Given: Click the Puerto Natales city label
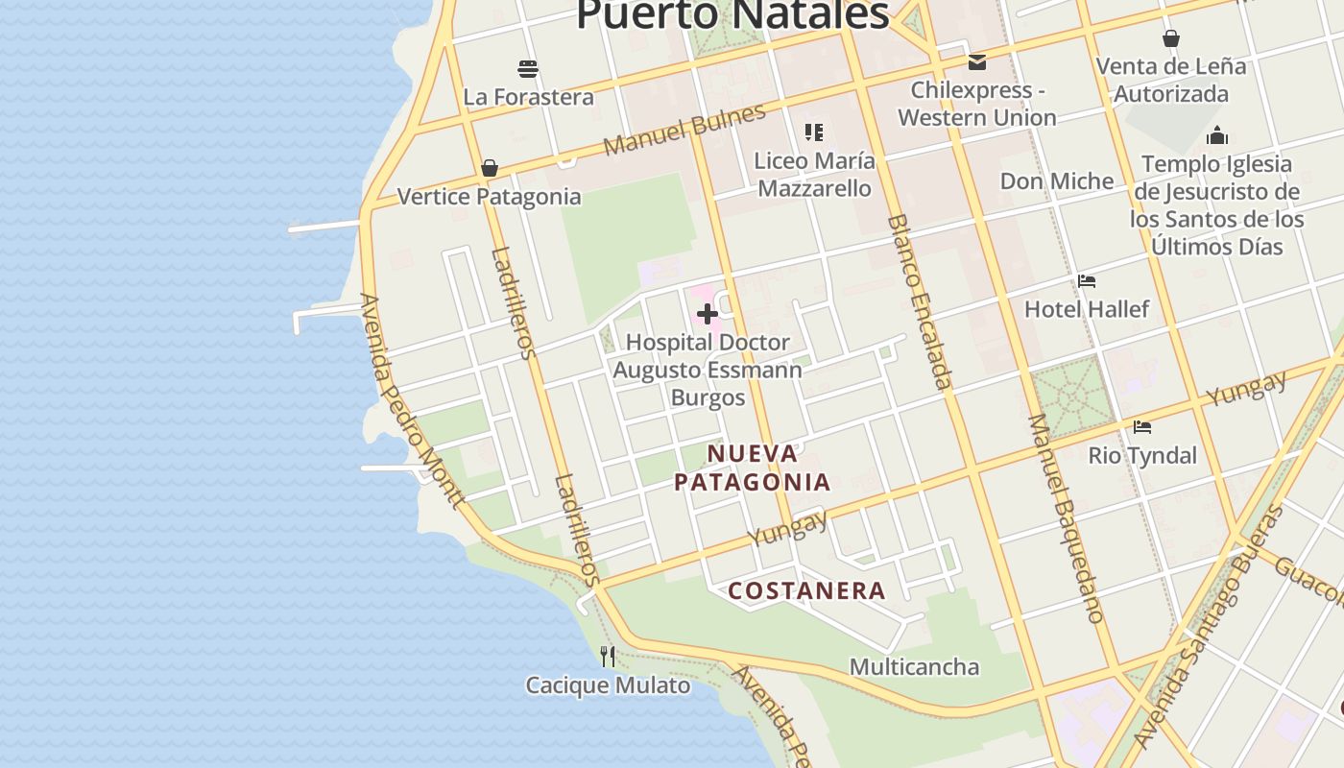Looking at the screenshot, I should (x=732, y=14).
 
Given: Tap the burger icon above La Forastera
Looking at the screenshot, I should (x=528, y=69).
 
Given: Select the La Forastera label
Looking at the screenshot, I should (x=528, y=97).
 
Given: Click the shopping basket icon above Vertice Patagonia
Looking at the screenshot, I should (x=490, y=169).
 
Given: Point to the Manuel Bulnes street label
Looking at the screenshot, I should (x=684, y=130).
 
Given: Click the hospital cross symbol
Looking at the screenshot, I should (x=708, y=314).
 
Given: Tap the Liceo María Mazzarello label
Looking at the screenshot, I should (x=814, y=174).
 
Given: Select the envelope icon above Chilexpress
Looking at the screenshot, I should (x=977, y=62).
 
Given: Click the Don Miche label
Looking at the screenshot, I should (x=1057, y=181).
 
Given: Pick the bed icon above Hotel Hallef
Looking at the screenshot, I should (x=1087, y=281).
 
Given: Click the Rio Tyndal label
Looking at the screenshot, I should (x=1142, y=456).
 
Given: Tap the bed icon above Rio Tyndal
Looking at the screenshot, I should (x=1142, y=427).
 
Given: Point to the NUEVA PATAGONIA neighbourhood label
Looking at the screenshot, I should (x=752, y=468).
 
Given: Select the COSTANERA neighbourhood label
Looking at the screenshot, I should (x=806, y=590).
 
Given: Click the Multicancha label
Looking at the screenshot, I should (x=914, y=667).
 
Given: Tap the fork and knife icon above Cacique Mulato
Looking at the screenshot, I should (x=608, y=657).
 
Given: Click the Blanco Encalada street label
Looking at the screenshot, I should (x=920, y=301).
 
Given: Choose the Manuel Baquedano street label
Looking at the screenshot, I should (x=1067, y=518).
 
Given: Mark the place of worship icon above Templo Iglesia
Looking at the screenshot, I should (x=1217, y=135).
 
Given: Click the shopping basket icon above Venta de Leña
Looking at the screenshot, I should (x=1171, y=38).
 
